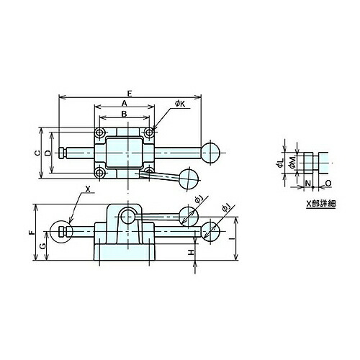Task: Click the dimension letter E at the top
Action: coord(130,94)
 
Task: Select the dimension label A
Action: coord(124,103)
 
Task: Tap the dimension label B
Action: coord(124,114)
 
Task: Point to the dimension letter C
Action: coord(37,153)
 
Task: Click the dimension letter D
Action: coord(48,153)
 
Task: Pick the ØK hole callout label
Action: coord(180,104)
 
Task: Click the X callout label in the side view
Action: coord(88,189)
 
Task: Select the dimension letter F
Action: coord(32,233)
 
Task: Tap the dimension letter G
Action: coord(42,246)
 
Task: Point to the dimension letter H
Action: coord(191,252)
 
